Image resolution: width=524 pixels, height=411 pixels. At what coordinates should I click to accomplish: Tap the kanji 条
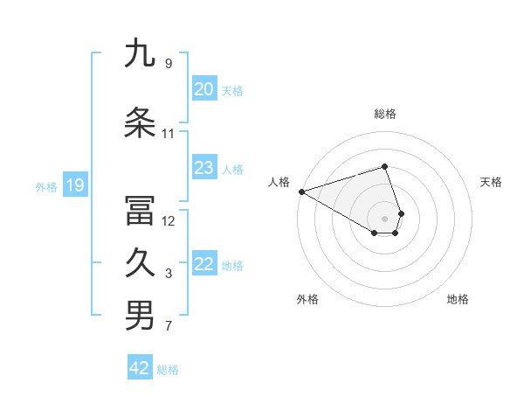(140, 123)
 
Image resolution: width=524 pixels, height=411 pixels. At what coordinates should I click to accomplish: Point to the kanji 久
(140, 263)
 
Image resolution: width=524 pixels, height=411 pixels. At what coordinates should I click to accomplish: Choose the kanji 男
(140, 316)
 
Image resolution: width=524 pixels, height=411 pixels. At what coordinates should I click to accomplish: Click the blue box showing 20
(203, 89)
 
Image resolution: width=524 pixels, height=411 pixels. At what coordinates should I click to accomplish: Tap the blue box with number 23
(203, 168)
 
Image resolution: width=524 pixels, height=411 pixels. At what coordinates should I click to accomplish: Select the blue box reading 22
(203, 264)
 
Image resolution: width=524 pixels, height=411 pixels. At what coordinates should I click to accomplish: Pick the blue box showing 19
(74, 185)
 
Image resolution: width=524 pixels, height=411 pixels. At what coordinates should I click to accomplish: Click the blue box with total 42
(140, 368)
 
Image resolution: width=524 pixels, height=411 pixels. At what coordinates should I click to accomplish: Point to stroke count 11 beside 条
(168, 134)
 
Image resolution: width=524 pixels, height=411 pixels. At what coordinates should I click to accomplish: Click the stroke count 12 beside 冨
(168, 221)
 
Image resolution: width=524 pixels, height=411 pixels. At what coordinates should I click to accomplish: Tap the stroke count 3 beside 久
(168, 274)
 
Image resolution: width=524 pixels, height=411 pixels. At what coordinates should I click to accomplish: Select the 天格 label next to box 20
(232, 90)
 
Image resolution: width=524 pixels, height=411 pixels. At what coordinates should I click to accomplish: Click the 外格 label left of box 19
(46, 186)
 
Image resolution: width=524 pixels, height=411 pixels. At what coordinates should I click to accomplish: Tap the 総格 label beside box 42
(168, 370)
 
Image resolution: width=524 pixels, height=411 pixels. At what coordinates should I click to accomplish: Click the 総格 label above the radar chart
(384, 114)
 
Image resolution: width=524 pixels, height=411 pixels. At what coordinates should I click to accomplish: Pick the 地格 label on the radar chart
(458, 299)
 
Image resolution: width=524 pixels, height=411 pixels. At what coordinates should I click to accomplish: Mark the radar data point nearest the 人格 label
(301, 192)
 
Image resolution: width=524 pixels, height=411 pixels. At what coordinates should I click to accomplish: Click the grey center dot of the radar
(384, 218)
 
